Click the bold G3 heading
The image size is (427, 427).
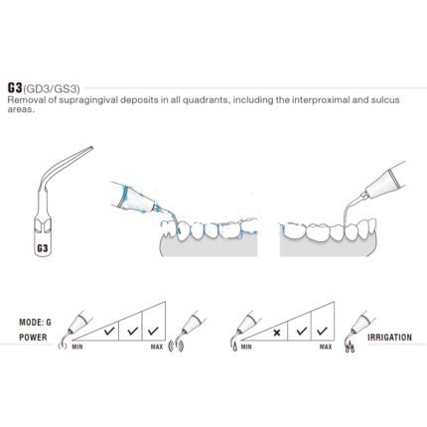[x=15, y=87]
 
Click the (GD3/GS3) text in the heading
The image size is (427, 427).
[x=52, y=89]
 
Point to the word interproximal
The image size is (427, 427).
[x=321, y=99]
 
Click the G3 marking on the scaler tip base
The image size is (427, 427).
[x=43, y=248]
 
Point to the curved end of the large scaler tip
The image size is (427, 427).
[x=91, y=148]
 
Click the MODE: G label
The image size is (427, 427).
[x=35, y=322]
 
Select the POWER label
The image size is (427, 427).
[x=33, y=338]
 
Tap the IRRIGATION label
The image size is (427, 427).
[x=389, y=338]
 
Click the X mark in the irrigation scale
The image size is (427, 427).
[x=277, y=332]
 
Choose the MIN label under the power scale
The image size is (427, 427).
[x=77, y=347]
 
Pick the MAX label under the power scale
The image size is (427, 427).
[x=157, y=347]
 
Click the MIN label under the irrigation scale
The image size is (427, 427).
[x=246, y=347]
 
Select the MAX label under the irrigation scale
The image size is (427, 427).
[x=326, y=347]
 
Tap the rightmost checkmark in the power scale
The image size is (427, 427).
[x=153, y=331]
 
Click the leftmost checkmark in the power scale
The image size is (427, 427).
[x=109, y=331]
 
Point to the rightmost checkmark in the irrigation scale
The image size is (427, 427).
[x=322, y=331]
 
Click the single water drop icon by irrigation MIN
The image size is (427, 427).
[x=235, y=348]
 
